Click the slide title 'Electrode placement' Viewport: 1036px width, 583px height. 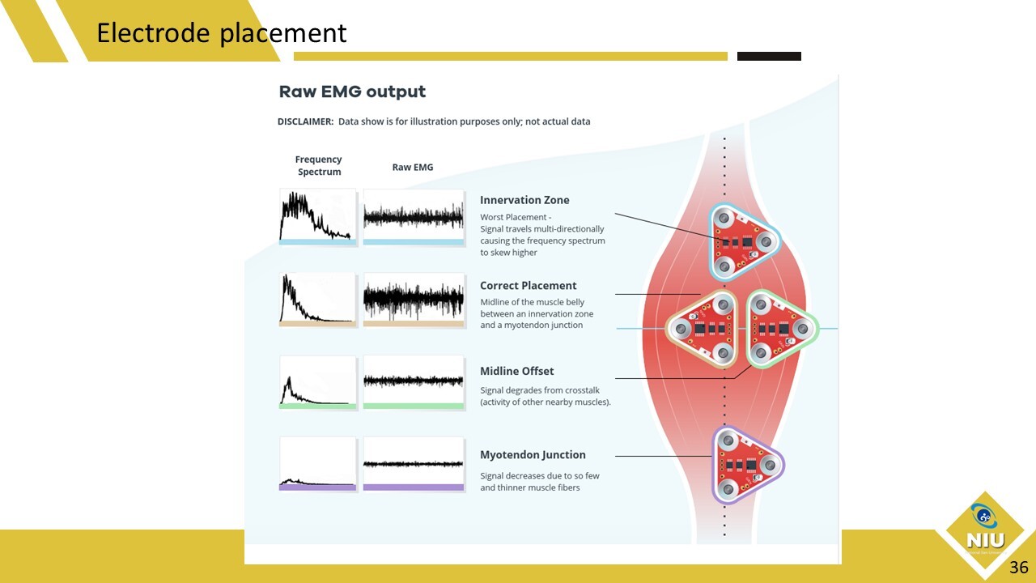(222, 33)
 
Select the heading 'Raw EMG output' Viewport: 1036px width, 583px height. (352, 91)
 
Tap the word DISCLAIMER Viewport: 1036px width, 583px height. (305, 121)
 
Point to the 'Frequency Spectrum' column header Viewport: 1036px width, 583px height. (319, 165)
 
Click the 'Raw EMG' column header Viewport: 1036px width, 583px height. (413, 167)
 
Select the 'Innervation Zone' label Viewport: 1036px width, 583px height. (524, 200)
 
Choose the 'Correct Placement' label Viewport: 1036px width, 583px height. (529, 286)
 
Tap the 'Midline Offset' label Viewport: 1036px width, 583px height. (516, 371)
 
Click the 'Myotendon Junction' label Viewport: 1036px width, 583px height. (533, 455)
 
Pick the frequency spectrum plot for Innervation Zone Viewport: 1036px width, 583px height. (318, 216)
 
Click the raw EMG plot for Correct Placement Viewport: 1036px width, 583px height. (414, 300)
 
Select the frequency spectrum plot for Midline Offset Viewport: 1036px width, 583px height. (318, 383)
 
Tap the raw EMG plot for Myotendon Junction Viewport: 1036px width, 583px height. (414, 464)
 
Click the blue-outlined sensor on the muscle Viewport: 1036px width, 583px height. (743, 242)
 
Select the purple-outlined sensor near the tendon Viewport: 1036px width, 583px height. (746, 465)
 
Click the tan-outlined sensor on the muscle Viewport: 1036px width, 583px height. (703, 329)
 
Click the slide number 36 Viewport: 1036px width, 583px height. (1019, 568)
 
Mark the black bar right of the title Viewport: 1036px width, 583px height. (769, 56)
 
